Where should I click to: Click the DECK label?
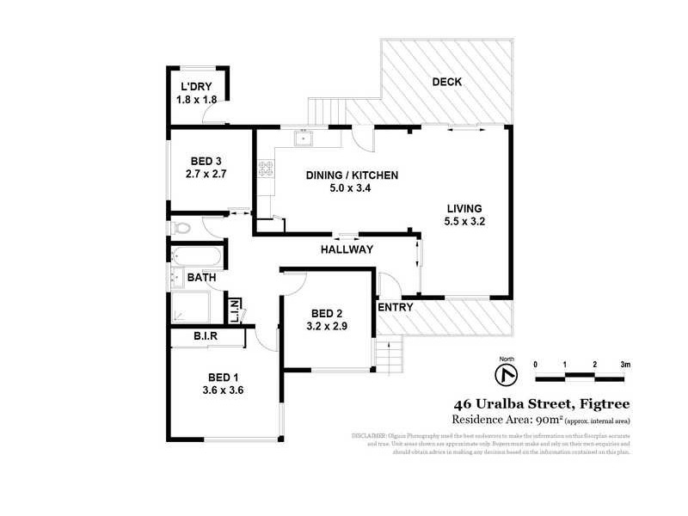pos(446,83)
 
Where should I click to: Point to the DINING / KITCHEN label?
pos(352,175)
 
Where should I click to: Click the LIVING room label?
pos(464,209)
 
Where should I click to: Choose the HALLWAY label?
pos(347,249)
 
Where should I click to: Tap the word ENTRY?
pos(396,307)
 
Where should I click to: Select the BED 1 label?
pos(223,376)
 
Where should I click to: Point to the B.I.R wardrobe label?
pos(205,336)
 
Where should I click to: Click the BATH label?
pos(201,278)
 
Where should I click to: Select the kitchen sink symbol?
pos(304,138)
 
